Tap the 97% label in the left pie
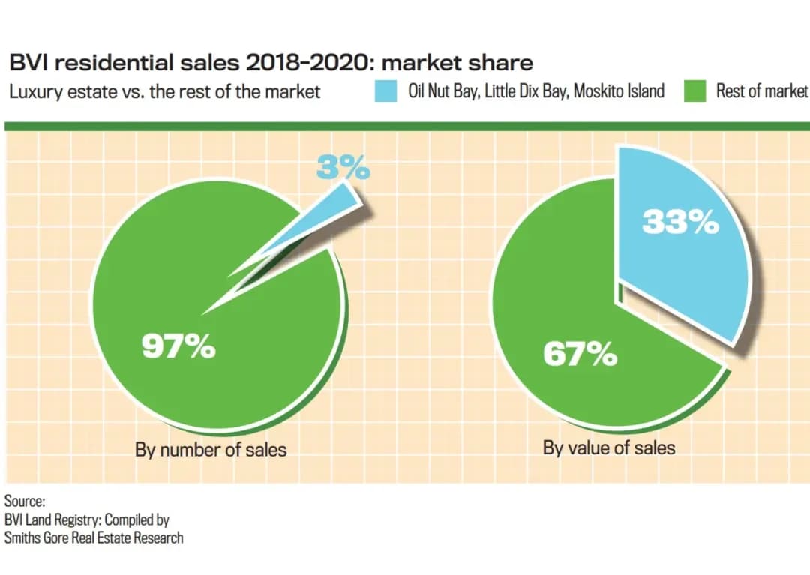[178, 347]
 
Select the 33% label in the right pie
[679, 222]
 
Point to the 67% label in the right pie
[580, 354]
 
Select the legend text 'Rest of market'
[761, 91]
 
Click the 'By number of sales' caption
[211, 450]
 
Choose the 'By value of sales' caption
[609, 448]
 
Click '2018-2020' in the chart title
[307, 63]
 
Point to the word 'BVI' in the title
[28, 63]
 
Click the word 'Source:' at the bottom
[25, 502]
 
